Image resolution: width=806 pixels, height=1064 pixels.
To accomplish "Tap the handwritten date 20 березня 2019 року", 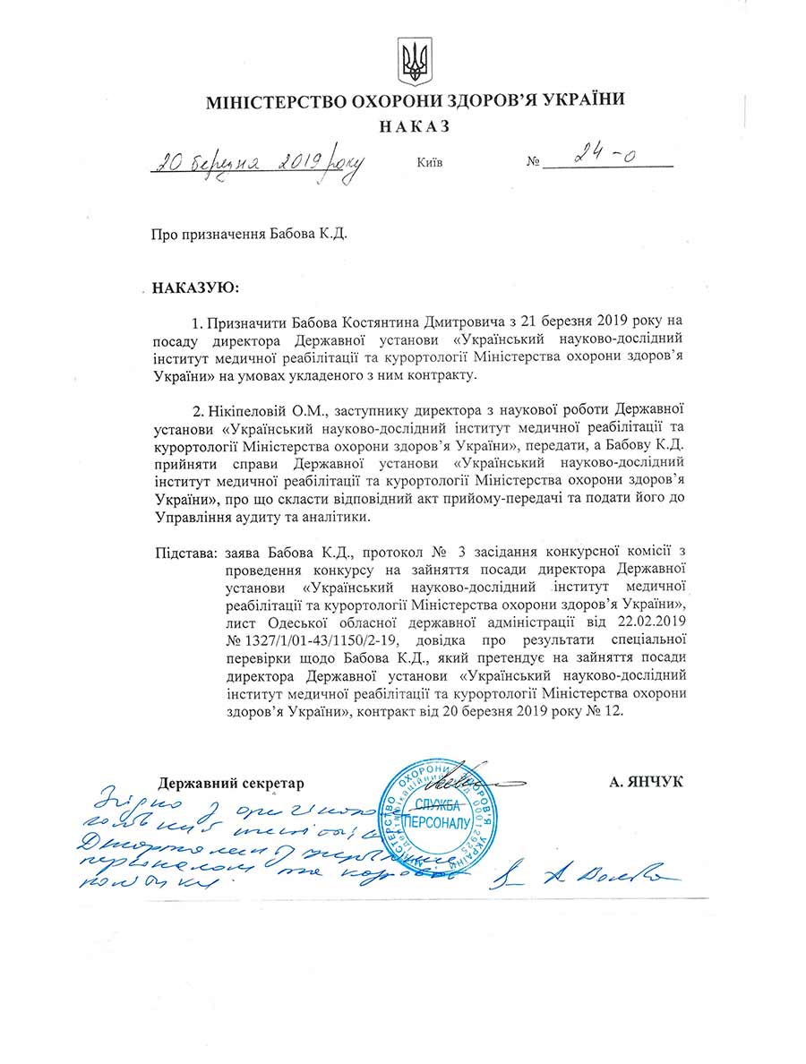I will [x=258, y=163].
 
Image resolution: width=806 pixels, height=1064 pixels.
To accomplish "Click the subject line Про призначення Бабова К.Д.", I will [x=248, y=236].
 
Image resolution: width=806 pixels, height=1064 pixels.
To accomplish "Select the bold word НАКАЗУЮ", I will [x=195, y=288].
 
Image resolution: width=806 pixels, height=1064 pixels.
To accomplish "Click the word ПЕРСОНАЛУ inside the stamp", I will [x=432, y=822].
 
